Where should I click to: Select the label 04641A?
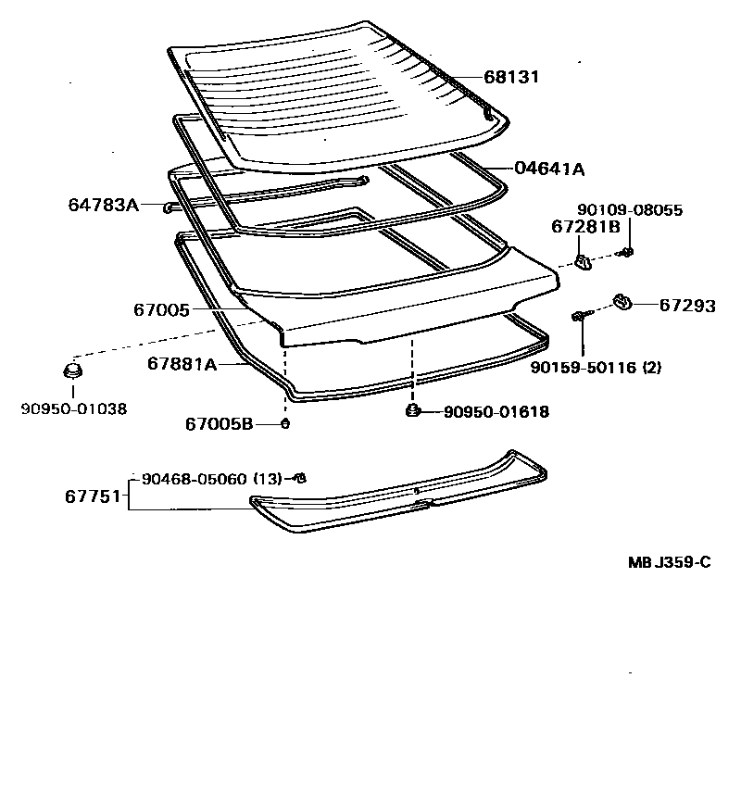549,169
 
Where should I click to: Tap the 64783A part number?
103,204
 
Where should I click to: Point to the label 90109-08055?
630,210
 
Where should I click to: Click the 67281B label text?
587,227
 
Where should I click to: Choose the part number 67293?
686,306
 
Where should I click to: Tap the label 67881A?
181,364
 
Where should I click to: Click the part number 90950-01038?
74,408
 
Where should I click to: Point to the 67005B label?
219,424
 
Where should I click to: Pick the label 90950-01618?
483,411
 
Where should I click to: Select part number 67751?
93,496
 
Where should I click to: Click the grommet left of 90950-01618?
410,410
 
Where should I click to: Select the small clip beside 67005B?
285,424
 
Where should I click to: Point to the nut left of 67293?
622,301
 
